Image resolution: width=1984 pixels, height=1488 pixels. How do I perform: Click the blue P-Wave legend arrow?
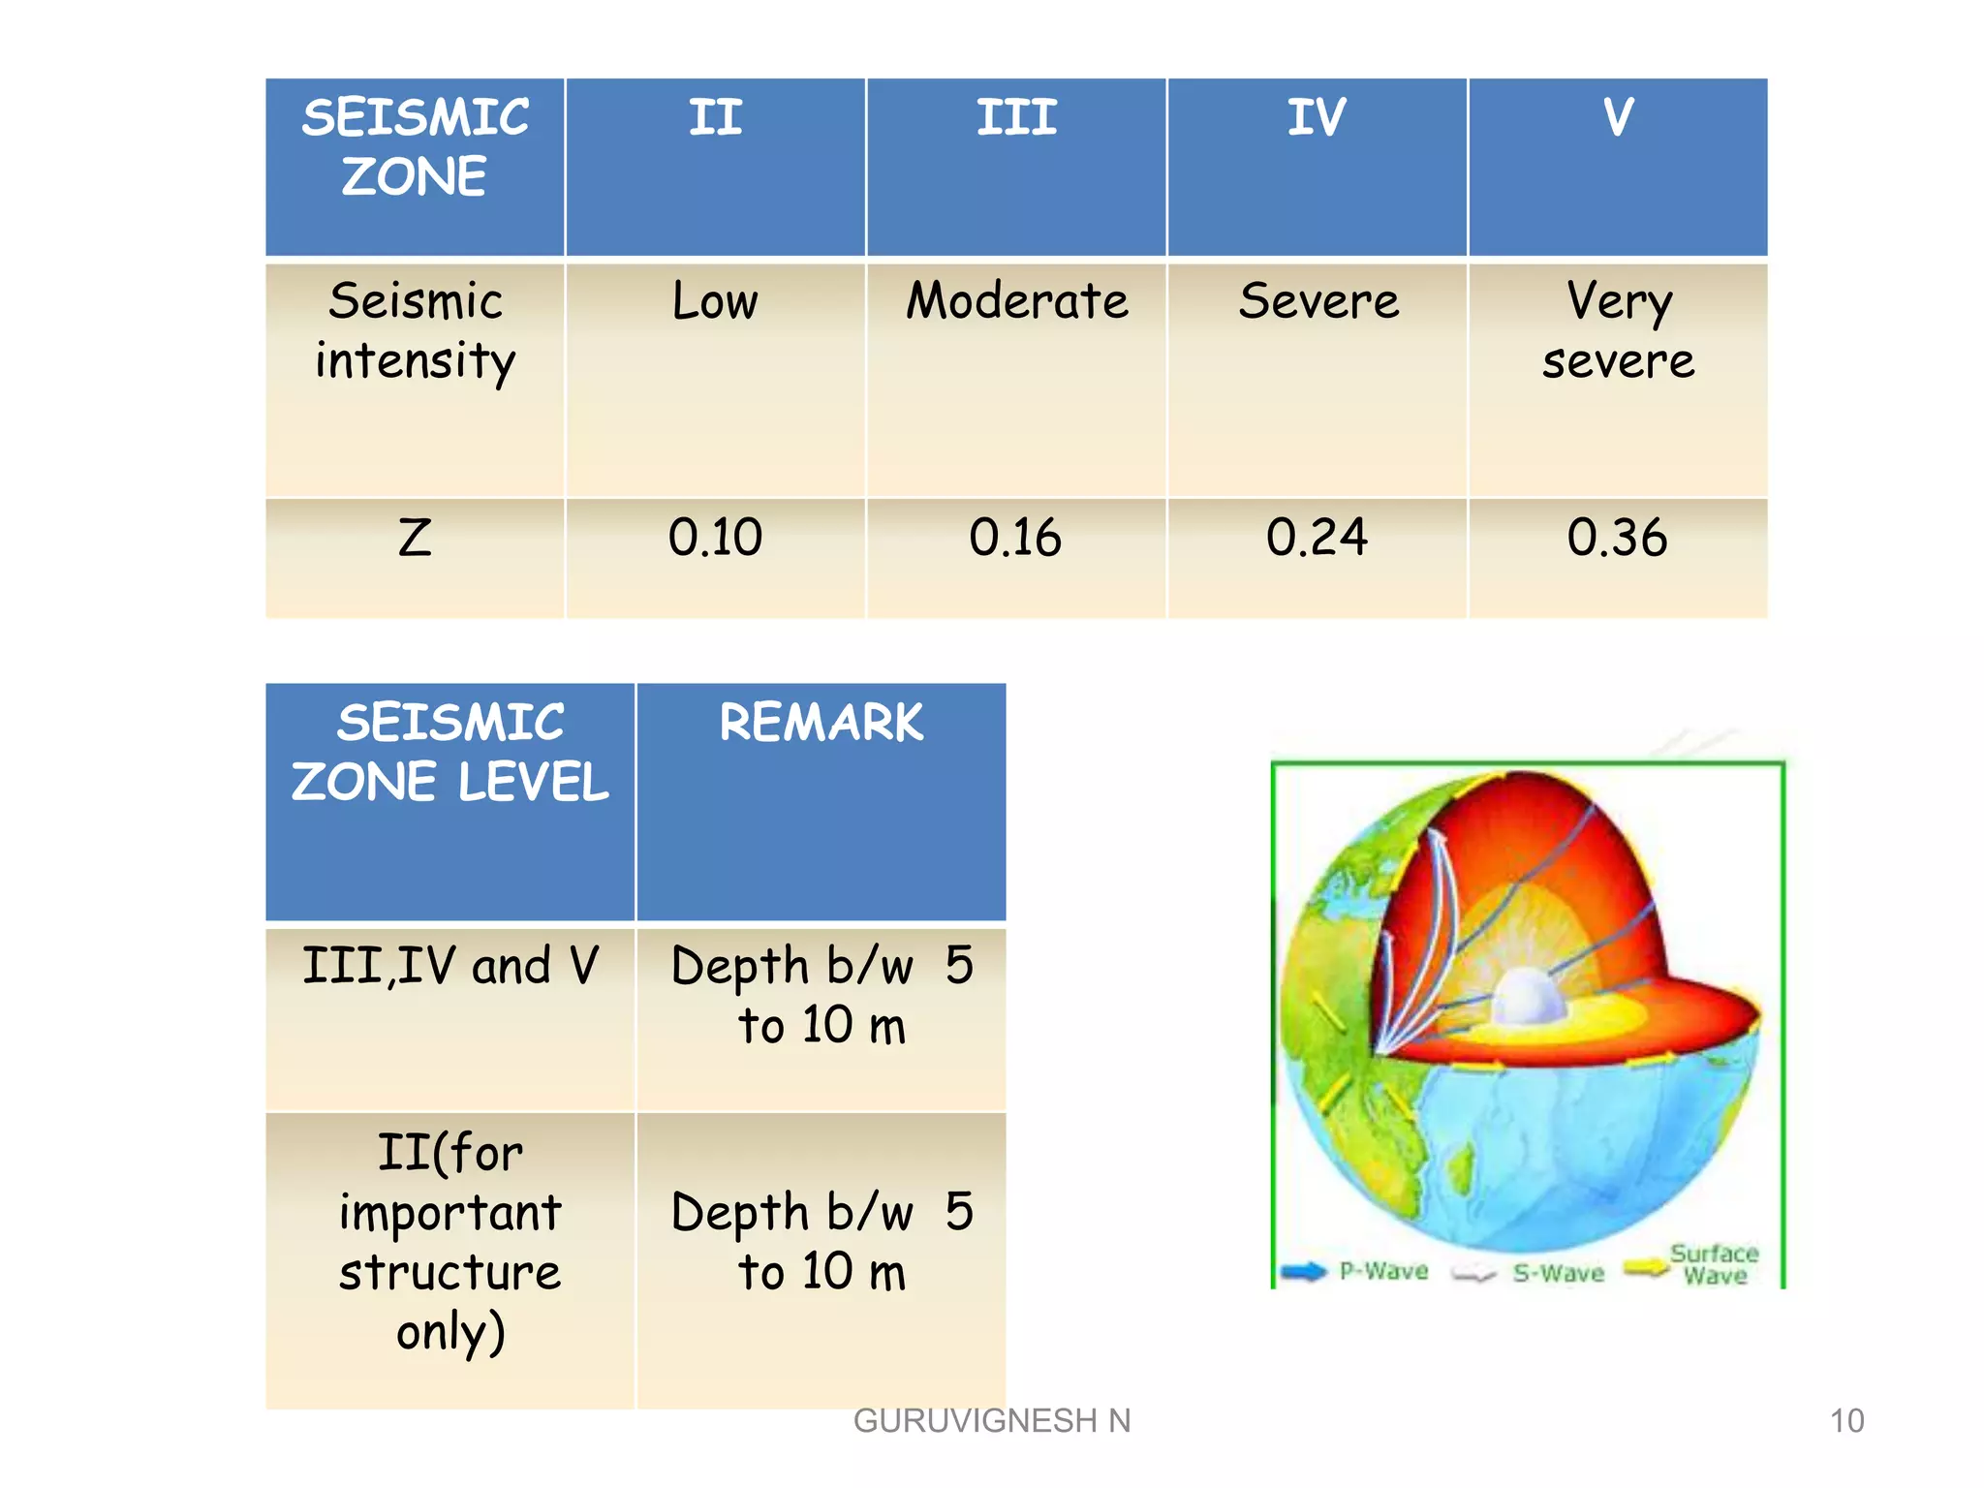point(1303,1271)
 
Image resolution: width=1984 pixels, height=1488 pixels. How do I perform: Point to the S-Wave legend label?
point(1558,1273)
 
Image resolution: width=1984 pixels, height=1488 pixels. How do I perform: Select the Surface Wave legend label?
point(1714,1264)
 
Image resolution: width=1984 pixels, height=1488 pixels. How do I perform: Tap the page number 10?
point(1846,1420)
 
